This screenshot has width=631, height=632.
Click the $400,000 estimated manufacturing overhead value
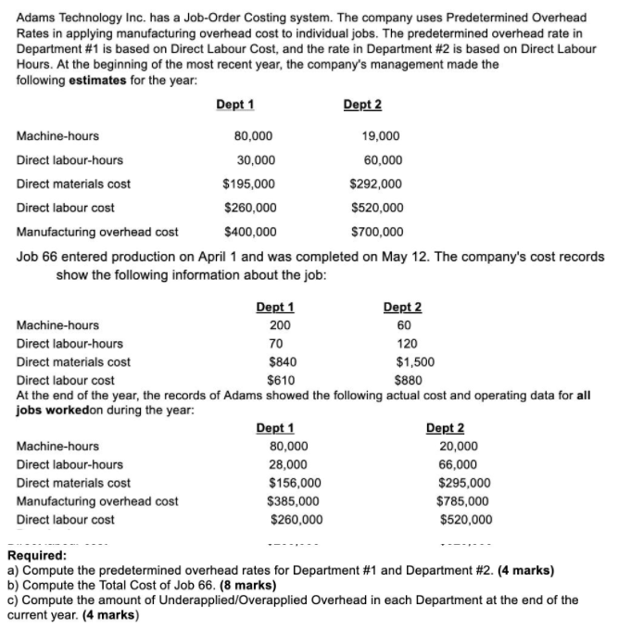(249, 232)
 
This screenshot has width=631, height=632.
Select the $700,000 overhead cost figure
(376, 232)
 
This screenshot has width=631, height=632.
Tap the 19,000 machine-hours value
(381, 135)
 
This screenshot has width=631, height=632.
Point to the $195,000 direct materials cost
(249, 183)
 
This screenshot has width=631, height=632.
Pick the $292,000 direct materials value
(376, 183)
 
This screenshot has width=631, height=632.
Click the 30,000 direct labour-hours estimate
(256, 159)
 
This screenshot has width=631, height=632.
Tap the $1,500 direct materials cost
(414, 361)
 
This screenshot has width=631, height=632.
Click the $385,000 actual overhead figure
(296, 500)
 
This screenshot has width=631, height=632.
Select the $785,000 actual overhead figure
(465, 500)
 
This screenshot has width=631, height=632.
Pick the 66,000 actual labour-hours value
(458, 464)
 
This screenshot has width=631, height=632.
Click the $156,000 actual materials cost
(296, 483)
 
